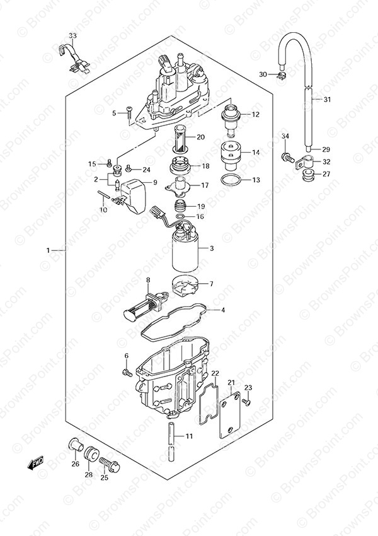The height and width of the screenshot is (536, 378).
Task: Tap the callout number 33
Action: click(72, 35)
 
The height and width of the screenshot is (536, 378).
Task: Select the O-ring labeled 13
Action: click(231, 180)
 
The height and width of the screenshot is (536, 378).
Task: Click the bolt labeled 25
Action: click(109, 463)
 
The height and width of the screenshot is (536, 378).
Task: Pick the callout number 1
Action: click(48, 250)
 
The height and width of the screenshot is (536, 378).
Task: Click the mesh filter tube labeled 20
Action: click(180, 139)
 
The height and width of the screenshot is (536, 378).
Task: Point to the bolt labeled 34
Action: click(287, 158)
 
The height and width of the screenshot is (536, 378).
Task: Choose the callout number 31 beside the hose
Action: click(327, 100)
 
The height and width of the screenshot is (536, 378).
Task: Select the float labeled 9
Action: click(134, 197)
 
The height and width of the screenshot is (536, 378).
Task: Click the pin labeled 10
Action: click(102, 194)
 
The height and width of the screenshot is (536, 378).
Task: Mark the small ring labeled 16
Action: click(181, 217)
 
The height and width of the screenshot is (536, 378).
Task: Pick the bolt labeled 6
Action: click(127, 372)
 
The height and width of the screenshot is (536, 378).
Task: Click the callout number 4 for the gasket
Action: click(223, 310)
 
